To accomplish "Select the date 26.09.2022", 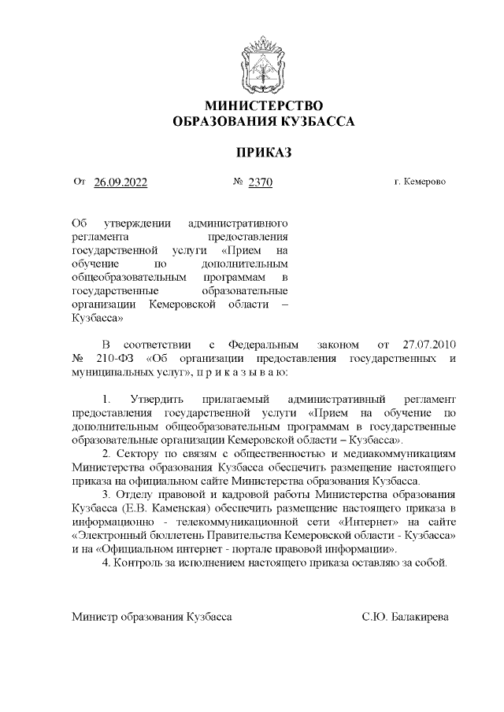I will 120,183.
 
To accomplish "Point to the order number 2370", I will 260,183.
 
